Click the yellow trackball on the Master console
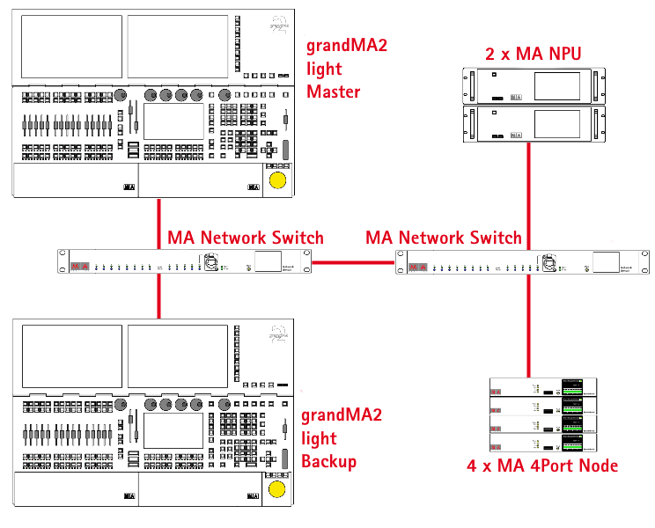[276, 180]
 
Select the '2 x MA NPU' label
[534, 54]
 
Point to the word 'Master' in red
[333, 91]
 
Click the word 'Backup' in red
[329, 462]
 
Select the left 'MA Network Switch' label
[246, 238]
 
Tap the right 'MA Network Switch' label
[444, 238]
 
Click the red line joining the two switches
[353, 261]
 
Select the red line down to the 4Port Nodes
[528, 326]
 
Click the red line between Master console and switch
[158, 224]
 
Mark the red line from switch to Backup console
[158, 296]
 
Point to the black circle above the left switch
[184, 226]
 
